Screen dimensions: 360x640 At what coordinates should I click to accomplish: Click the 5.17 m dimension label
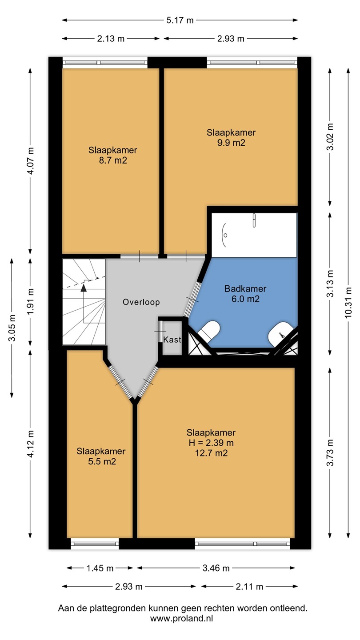(180, 20)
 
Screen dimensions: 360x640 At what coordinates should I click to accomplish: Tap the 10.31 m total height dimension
(348, 303)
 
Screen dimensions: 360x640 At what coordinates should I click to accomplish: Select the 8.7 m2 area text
(113, 160)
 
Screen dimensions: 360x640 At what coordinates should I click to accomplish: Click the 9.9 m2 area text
(231, 143)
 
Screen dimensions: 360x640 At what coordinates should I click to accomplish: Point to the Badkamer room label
(245, 288)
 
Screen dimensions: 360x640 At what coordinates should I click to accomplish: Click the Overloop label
(141, 302)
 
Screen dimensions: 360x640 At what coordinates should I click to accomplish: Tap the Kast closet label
(172, 340)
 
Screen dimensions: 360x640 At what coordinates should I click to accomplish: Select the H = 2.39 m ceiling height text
(211, 443)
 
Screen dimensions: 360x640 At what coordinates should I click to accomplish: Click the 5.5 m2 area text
(102, 461)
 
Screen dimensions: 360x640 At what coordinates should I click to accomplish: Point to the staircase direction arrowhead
(84, 288)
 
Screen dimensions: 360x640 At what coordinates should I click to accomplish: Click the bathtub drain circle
(225, 236)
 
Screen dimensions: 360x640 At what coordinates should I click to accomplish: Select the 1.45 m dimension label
(100, 568)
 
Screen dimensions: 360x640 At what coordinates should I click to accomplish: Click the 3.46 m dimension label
(216, 568)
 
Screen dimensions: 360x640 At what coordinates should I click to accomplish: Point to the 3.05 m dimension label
(12, 328)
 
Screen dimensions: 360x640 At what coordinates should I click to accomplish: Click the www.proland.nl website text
(182, 619)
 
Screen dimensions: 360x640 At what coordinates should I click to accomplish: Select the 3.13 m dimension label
(330, 284)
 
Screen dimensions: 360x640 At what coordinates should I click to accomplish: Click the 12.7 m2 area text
(211, 453)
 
